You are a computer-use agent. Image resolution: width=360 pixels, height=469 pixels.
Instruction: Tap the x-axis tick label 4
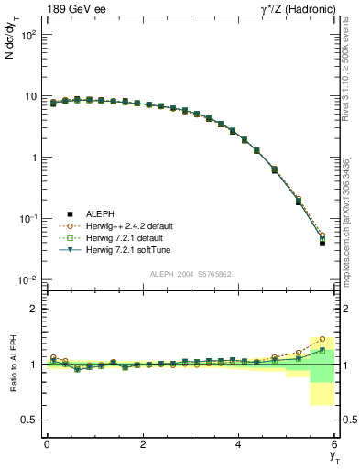239,443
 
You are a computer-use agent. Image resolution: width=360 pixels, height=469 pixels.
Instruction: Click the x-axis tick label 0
47,443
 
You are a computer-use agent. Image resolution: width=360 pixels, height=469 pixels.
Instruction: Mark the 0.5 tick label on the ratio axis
28,420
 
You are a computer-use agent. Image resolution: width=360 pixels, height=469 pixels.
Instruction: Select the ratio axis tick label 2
32,309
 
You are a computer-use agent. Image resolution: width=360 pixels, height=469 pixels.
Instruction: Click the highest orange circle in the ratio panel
322,339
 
